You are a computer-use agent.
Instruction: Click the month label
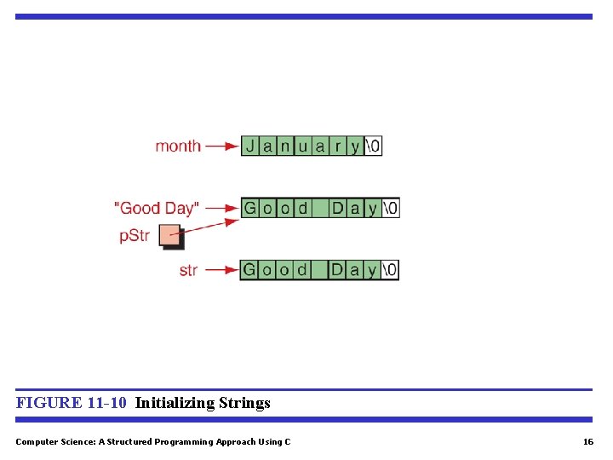[178, 146]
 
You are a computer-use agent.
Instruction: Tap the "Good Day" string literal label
[157, 208]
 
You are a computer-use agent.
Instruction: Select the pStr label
[135, 236]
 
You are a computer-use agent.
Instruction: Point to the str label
[188, 270]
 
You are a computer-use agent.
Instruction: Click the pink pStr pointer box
[170, 235]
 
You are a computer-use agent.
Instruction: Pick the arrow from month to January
[221, 146]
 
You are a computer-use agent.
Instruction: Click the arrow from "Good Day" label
[221, 208]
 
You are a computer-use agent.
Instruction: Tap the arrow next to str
[221, 270]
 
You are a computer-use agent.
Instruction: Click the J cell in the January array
[250, 146]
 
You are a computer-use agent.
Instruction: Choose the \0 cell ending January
[373, 146]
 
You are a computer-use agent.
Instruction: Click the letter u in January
[303, 146]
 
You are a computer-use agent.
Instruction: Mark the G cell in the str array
[249, 270]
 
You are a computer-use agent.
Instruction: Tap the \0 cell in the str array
[390, 270]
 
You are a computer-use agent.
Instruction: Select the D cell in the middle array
[337, 208]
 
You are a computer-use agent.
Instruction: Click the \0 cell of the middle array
[390, 208]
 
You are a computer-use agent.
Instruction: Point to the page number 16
[587, 441]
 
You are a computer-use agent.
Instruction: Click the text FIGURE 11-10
[72, 403]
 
